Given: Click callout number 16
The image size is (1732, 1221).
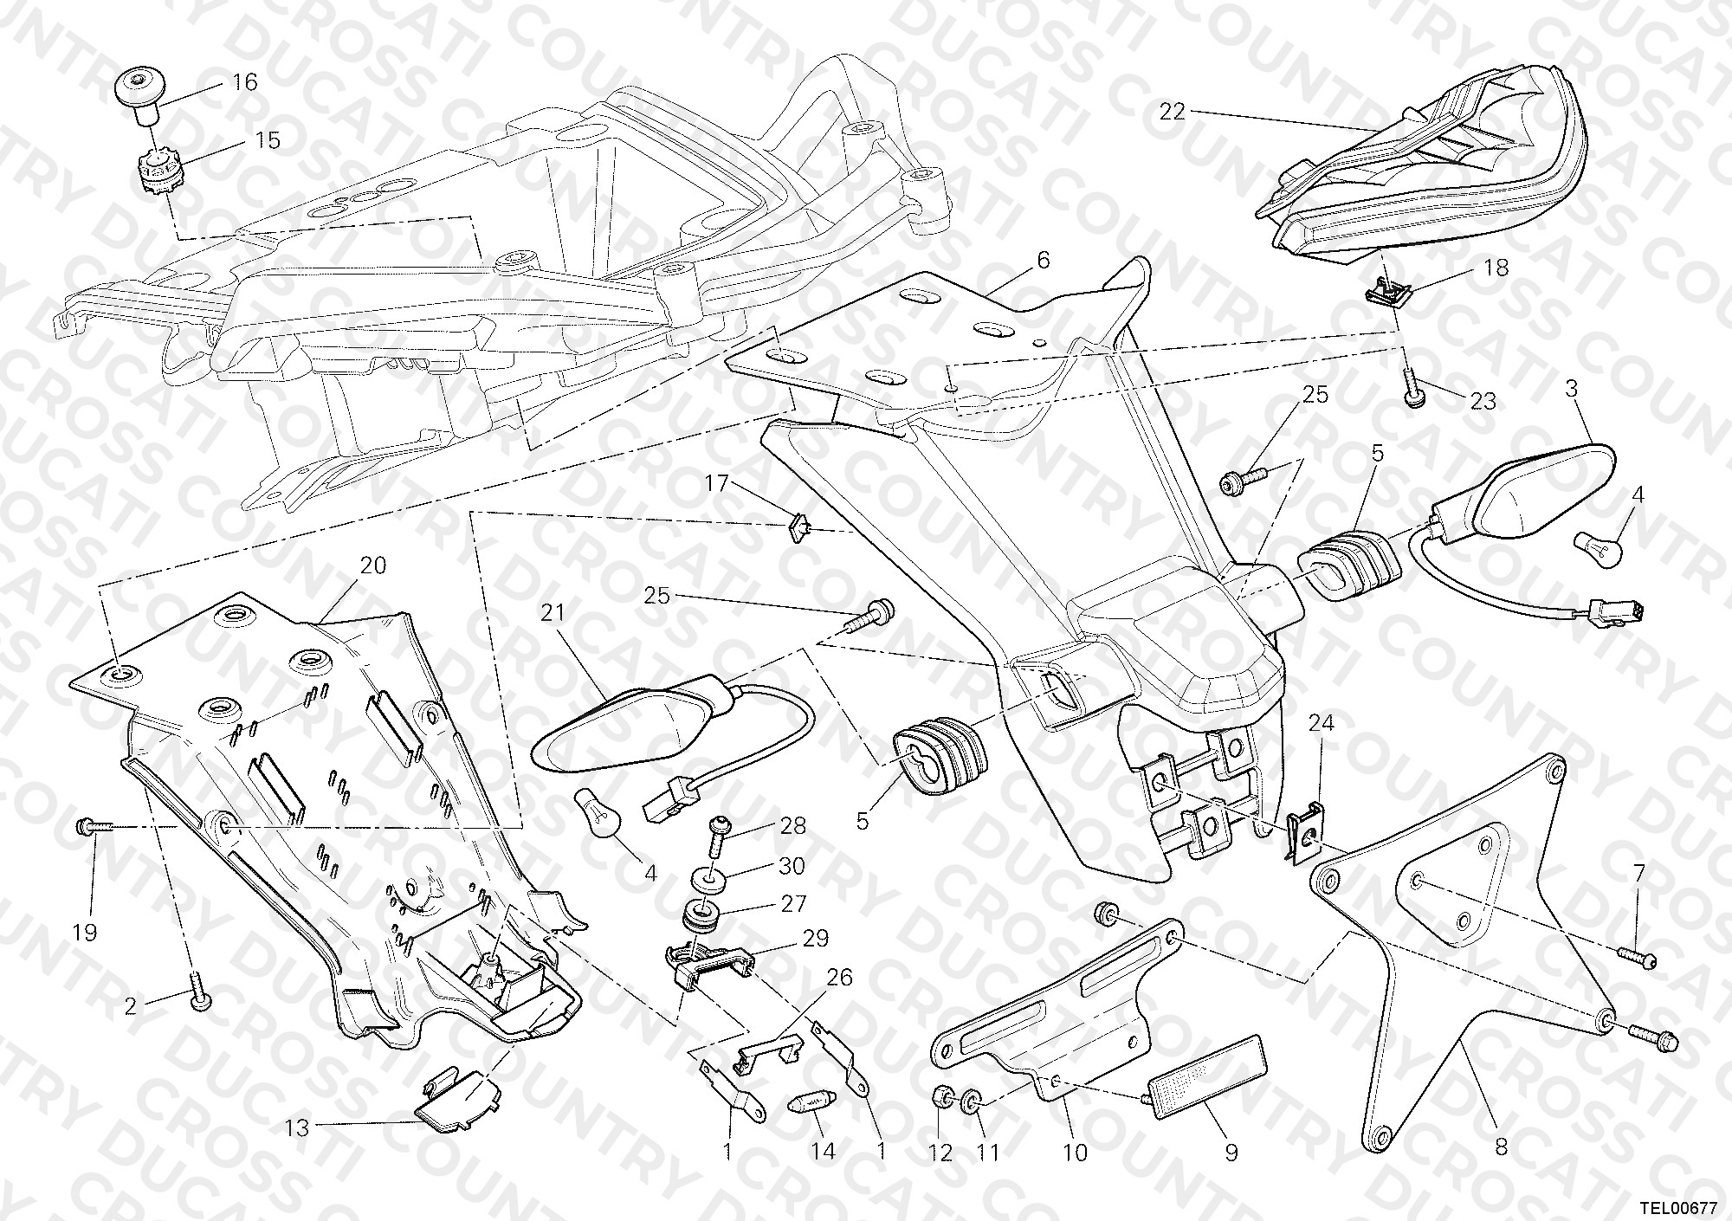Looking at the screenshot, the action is click(x=245, y=82).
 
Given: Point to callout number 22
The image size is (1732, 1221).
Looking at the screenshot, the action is click(x=1173, y=112).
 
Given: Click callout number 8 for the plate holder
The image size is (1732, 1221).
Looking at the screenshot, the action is click(x=1502, y=1147).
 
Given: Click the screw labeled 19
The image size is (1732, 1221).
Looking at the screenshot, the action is click(x=94, y=827).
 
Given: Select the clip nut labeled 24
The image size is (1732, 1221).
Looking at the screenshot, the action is click(x=1301, y=838).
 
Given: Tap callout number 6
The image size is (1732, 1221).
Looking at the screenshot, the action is click(x=1043, y=259).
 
